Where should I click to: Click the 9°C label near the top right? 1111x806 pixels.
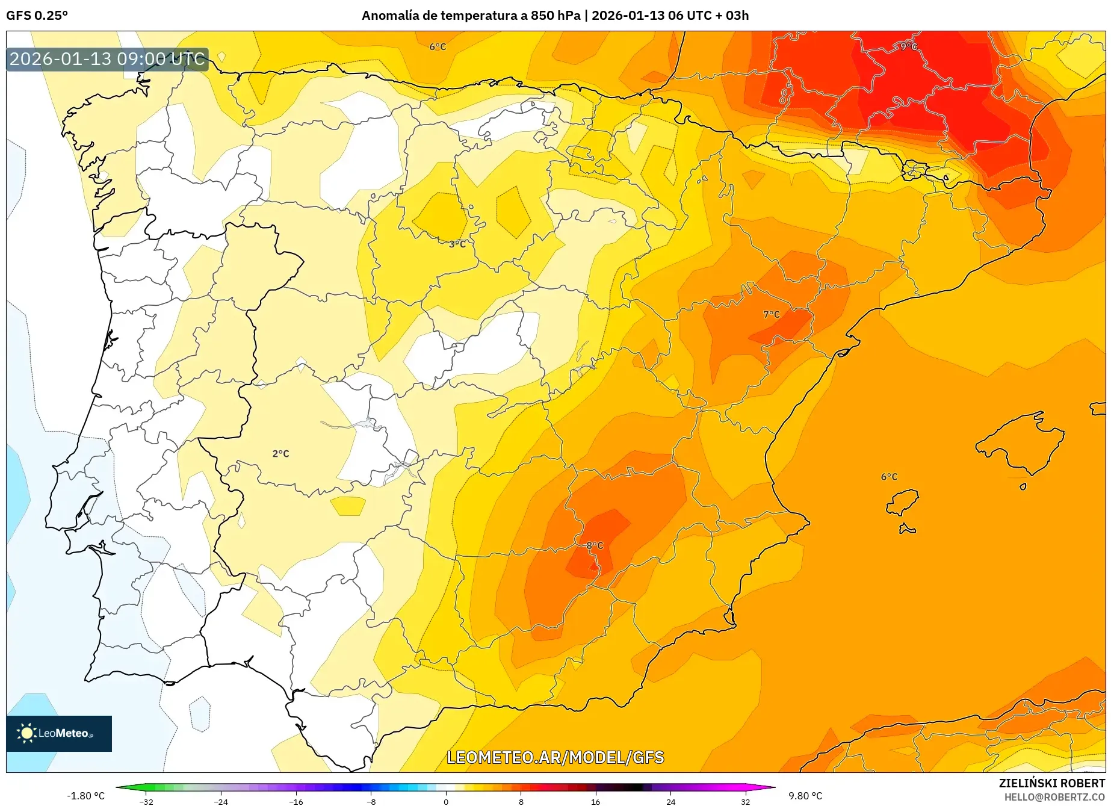point(908,46)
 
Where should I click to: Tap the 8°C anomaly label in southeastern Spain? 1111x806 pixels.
point(595,545)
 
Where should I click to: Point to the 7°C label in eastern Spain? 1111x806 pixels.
point(771,314)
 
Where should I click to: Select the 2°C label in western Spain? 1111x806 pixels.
point(280,453)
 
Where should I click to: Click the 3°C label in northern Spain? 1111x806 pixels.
point(457,244)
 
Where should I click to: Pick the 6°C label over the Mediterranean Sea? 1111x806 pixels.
point(889,477)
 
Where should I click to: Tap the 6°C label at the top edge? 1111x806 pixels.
point(438,46)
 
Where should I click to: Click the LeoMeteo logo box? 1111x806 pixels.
point(59,733)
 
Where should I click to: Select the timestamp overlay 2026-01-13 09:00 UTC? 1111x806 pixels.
point(107,59)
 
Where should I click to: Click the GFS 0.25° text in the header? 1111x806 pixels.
point(37,16)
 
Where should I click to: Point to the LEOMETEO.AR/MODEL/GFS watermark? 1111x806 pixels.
point(555,757)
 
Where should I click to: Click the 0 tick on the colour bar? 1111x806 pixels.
point(445,802)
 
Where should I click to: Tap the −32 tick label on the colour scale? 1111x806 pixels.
point(146,802)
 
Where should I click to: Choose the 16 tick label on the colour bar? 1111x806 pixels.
point(595,802)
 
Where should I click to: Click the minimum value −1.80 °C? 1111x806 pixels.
point(85,796)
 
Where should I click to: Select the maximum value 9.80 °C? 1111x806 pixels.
point(805,796)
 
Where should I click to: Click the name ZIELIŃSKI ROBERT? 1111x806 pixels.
point(1052,783)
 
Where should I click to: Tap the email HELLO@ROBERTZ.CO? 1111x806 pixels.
point(1054,797)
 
